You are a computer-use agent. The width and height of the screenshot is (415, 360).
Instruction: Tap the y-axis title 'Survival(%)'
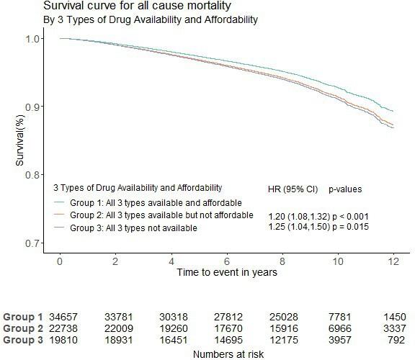22,141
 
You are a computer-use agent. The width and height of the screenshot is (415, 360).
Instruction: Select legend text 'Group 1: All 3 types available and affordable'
155,202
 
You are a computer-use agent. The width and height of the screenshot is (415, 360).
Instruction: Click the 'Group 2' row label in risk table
23,328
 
